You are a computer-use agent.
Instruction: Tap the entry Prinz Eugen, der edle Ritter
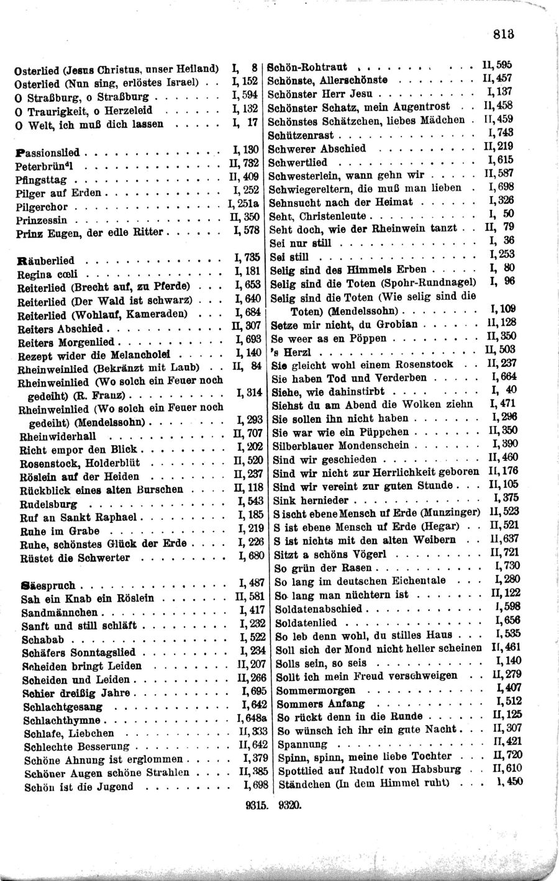click(x=89, y=233)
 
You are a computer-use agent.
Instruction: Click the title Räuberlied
click(x=47, y=261)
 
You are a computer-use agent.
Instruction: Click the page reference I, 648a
click(x=252, y=720)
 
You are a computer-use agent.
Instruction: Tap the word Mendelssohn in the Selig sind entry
click(x=368, y=310)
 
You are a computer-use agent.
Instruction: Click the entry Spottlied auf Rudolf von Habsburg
click(x=369, y=770)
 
